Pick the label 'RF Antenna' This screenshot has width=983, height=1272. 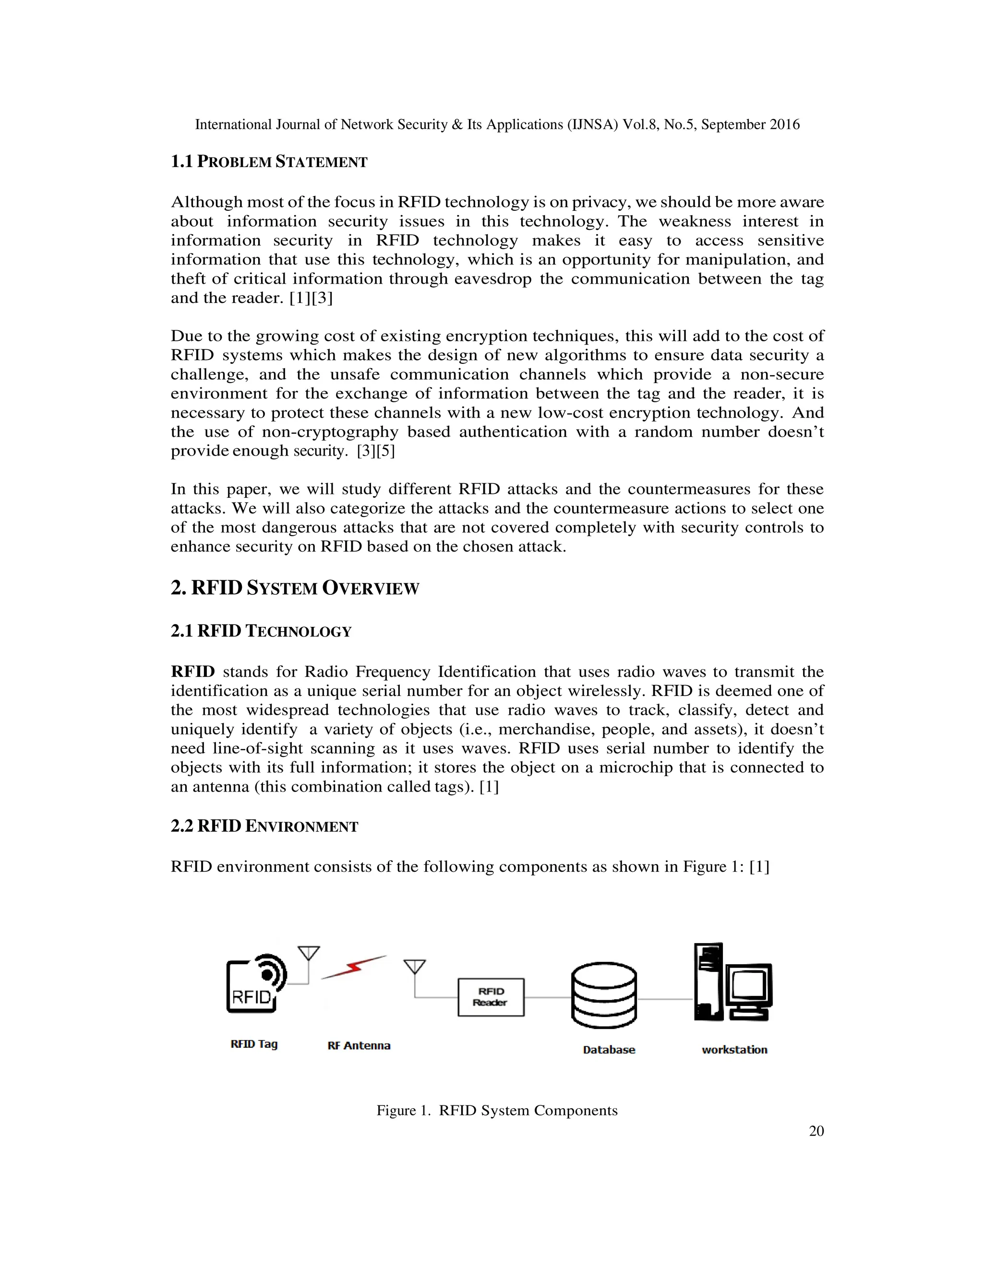(x=359, y=1045)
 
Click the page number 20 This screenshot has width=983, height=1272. (x=816, y=1130)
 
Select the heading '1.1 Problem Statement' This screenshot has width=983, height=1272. (x=269, y=162)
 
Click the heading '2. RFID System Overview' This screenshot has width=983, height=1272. (x=295, y=588)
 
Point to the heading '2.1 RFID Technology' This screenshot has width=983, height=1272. (x=261, y=631)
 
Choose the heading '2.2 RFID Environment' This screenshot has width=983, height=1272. (x=264, y=826)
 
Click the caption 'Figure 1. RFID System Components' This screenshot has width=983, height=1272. (x=497, y=1110)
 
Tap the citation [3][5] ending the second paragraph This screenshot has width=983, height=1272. (x=376, y=451)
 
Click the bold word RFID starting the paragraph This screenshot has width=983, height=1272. (x=193, y=672)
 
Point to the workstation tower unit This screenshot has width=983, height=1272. (x=708, y=982)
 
